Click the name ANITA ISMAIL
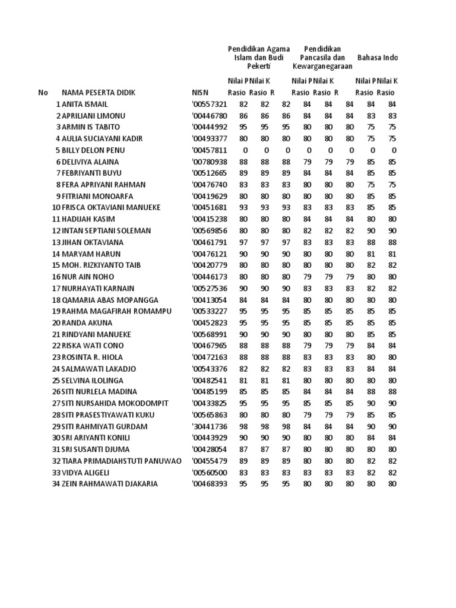click(85, 104)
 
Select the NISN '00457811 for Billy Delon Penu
click(210, 150)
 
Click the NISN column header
click(200, 93)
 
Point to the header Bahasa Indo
click(378, 58)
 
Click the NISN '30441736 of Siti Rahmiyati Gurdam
click(210, 426)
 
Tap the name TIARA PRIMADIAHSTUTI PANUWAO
click(121, 461)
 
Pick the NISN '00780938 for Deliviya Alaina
click(210, 161)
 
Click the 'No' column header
click(43, 93)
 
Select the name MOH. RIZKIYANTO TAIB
click(101, 265)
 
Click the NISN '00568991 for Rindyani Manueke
click(210, 334)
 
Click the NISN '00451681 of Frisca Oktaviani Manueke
click(210, 208)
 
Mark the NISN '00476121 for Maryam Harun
click(210, 254)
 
